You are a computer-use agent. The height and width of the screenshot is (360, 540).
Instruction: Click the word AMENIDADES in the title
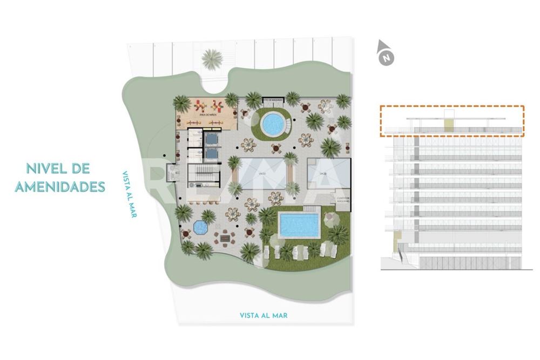(x=59, y=187)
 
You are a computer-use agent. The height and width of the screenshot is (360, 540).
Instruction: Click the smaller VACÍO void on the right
(x=323, y=173)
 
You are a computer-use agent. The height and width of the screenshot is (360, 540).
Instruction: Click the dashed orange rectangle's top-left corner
(x=381, y=106)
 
